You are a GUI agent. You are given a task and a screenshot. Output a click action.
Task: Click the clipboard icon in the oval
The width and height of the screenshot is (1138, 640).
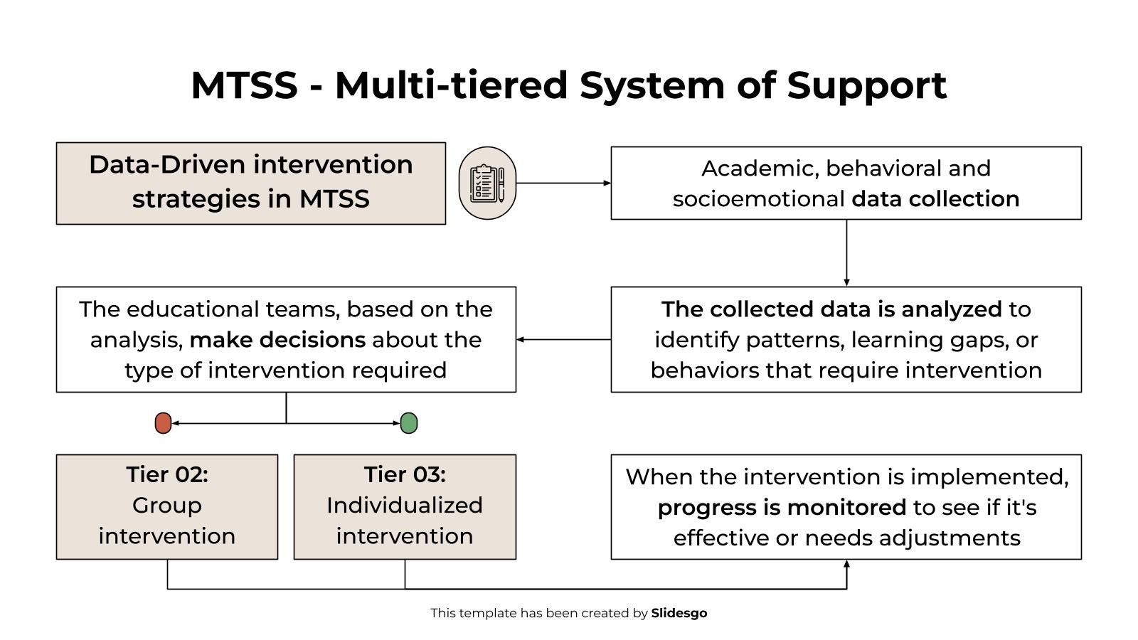(487, 183)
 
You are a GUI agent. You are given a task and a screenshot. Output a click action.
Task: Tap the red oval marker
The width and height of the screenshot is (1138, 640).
(163, 423)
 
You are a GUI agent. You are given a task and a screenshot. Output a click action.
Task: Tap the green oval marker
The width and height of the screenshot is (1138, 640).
(409, 423)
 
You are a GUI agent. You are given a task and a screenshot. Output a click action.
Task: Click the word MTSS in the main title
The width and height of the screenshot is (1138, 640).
(244, 85)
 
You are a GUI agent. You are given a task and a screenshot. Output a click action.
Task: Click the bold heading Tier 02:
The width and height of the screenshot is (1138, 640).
(167, 474)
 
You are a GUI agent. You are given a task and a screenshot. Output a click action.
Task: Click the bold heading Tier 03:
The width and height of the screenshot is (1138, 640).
(405, 474)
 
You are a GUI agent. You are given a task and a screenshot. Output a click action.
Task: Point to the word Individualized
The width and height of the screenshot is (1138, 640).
(405, 506)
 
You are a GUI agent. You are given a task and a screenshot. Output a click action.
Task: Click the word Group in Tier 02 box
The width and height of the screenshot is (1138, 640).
(167, 506)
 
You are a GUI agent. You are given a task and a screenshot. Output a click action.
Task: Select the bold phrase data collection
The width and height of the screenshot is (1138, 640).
(935, 199)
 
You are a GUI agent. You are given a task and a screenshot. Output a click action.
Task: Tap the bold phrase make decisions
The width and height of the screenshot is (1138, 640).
(277, 340)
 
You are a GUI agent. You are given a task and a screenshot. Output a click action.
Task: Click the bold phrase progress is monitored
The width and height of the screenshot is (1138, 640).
(782, 508)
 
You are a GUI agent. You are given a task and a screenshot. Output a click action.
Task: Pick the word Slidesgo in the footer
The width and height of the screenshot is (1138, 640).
(679, 613)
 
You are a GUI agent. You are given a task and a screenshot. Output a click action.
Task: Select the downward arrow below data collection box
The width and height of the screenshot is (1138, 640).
(846, 253)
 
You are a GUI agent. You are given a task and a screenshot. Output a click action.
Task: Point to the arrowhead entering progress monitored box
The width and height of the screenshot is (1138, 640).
(846, 565)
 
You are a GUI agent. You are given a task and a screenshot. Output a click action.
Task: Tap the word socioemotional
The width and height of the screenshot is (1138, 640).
(759, 199)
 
